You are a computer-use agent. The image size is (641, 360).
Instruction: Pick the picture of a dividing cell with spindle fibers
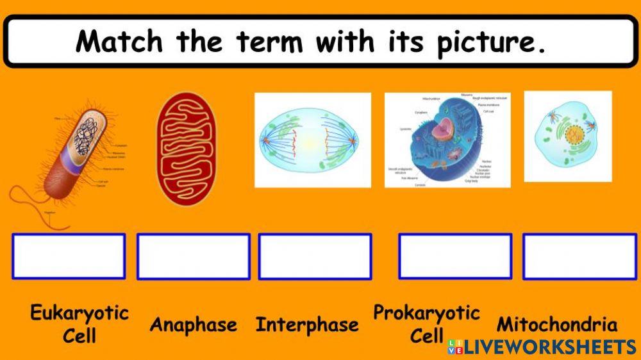pyautogui.click(x=312, y=140)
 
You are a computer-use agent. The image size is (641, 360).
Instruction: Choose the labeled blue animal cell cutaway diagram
pyautogui.click(x=447, y=140)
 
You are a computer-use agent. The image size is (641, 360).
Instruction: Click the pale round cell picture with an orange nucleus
pyautogui.click(x=567, y=136)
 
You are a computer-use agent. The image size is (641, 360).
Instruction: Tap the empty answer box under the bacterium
pyautogui.click(x=69, y=256)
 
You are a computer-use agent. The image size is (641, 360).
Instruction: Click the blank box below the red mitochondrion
pyautogui.click(x=193, y=256)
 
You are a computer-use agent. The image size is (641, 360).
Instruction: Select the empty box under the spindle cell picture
pyautogui.click(x=315, y=256)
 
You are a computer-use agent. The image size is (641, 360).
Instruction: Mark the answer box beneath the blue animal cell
pyautogui.click(x=455, y=256)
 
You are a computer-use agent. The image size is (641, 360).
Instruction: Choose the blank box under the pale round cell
pyautogui.click(x=579, y=256)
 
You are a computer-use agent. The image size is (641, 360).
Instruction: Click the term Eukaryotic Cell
pyautogui.click(x=79, y=323)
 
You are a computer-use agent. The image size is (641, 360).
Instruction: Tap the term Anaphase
pyautogui.click(x=193, y=325)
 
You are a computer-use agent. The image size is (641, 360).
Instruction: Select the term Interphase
pyautogui.click(x=307, y=325)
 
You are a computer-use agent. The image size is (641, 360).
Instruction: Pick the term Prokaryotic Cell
pyautogui.click(x=426, y=323)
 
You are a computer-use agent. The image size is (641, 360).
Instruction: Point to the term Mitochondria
pyautogui.click(x=557, y=324)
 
